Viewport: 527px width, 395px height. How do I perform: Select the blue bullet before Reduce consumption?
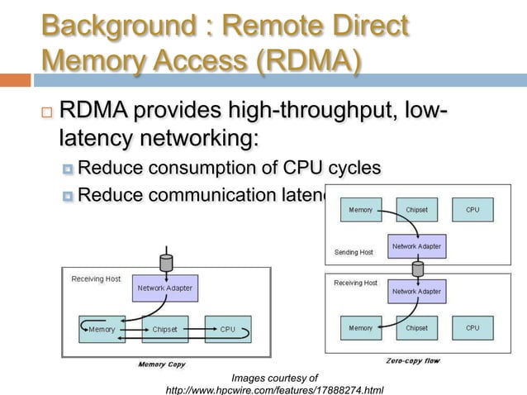(67, 169)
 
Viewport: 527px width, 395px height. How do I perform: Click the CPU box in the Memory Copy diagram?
(228, 329)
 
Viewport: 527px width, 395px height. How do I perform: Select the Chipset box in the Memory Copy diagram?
(164, 329)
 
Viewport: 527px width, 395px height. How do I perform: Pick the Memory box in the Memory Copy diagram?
(102, 329)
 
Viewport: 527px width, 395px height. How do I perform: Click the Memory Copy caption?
(161, 364)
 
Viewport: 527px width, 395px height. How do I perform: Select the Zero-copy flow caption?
(414, 361)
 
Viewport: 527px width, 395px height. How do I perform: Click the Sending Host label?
(355, 251)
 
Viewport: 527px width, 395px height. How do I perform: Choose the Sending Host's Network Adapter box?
(416, 246)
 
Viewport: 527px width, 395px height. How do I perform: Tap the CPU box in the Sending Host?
(472, 210)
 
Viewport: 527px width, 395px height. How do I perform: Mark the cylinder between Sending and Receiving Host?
(417, 269)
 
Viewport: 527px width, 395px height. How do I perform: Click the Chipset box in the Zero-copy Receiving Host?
(416, 328)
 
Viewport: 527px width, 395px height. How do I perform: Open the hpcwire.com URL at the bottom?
(275, 389)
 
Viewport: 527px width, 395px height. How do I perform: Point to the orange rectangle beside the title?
(15, 80)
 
